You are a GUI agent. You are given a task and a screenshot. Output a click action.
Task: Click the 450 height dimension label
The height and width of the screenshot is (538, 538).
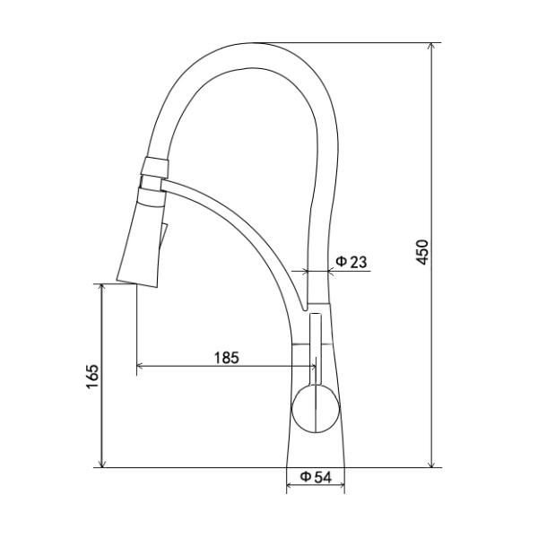(x=422, y=253)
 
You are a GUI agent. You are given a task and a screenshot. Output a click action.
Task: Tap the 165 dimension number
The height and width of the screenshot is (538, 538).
(x=92, y=377)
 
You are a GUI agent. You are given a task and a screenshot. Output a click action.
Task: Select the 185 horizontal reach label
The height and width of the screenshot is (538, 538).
(x=227, y=358)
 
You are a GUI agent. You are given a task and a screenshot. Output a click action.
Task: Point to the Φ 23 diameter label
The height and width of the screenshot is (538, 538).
(x=351, y=262)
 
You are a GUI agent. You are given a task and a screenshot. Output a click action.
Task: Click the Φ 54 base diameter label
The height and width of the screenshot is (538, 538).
(x=316, y=477)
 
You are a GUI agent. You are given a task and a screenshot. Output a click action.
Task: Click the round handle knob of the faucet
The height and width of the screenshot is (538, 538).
(x=316, y=408)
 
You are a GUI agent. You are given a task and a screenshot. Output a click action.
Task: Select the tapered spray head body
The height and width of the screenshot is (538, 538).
(x=142, y=244)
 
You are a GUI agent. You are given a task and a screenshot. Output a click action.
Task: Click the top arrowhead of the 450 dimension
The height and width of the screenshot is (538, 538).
(x=432, y=48)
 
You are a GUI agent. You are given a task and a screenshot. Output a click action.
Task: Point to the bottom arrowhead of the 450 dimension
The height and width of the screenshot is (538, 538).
(x=432, y=463)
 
